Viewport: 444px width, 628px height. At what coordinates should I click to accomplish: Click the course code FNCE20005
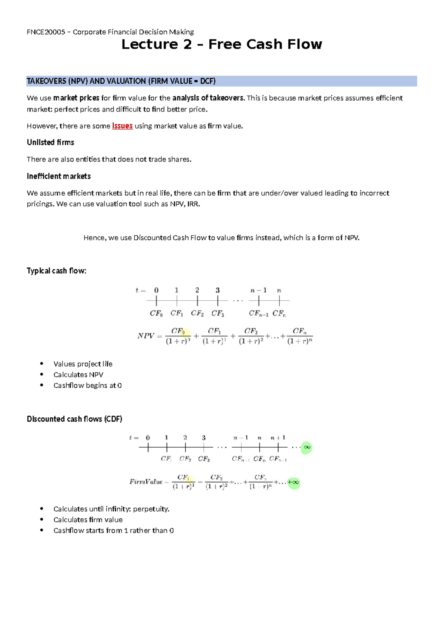tap(44, 32)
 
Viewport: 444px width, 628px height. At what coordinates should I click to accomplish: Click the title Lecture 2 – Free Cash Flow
tap(222, 44)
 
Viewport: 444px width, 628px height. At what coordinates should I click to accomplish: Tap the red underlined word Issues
tap(122, 126)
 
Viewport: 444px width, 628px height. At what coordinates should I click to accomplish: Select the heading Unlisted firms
tap(50, 143)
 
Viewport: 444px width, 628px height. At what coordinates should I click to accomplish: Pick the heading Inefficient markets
tap(58, 176)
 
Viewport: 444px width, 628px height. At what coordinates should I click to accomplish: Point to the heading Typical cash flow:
tap(56, 271)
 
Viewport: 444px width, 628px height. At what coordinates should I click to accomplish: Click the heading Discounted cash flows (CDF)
tap(74, 419)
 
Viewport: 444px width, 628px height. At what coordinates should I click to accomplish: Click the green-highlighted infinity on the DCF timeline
tap(307, 447)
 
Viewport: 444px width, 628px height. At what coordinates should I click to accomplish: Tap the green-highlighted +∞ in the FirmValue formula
tap(293, 482)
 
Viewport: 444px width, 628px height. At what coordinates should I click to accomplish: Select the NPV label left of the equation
tap(145, 336)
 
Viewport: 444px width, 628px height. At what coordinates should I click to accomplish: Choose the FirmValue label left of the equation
tap(146, 482)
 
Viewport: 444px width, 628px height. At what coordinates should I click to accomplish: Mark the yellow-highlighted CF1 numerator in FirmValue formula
tap(184, 477)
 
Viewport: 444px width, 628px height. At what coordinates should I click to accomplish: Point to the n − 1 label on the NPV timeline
tap(258, 290)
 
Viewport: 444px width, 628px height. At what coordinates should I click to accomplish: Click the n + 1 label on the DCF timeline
tap(278, 438)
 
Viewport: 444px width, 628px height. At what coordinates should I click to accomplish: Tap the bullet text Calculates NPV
tap(78, 375)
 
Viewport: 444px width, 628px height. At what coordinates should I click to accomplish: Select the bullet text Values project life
tap(83, 364)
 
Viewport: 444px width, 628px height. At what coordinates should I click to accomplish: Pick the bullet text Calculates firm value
tap(88, 520)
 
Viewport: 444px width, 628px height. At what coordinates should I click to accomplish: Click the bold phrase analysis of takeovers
tap(208, 98)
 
